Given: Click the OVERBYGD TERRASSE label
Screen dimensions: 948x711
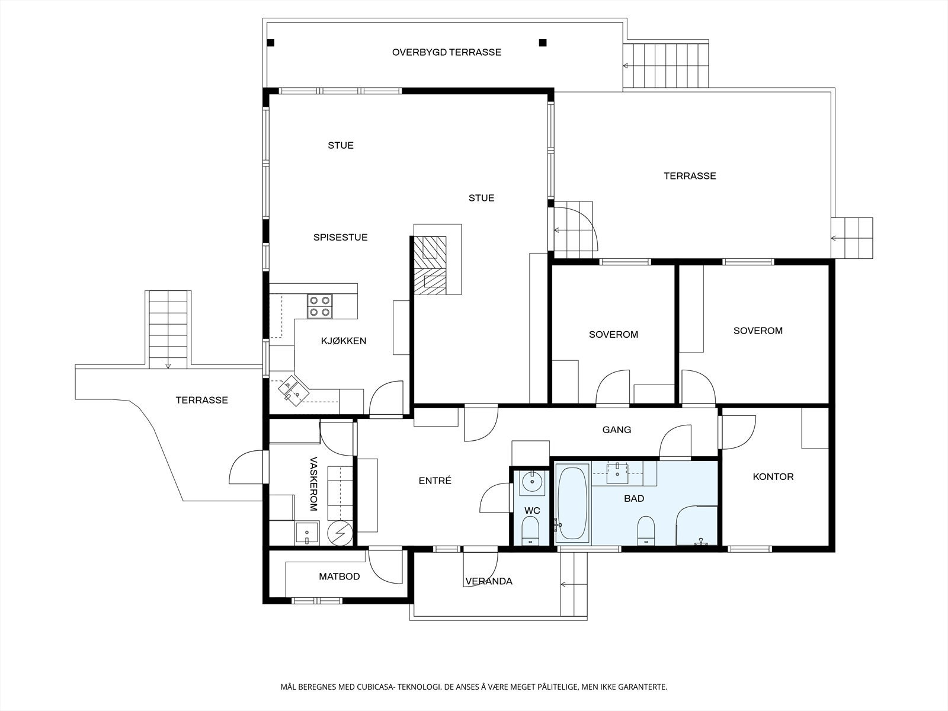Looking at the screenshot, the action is pos(447,52).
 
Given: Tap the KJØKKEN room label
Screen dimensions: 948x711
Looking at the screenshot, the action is pos(343,341).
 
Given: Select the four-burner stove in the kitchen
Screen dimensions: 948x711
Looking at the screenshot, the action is pos(319,306).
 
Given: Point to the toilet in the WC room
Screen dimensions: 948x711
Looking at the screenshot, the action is pos(531,530).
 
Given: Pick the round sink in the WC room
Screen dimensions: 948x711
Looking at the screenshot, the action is pos(531,481).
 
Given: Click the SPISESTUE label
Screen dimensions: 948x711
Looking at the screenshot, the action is pos(340,237).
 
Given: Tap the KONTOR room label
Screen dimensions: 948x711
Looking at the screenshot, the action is pos(773,476).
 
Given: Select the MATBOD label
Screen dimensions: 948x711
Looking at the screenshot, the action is pos(340,577).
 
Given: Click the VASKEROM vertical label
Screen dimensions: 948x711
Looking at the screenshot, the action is pos(314,484).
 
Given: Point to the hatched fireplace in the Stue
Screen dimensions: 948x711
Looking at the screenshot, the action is pos(430,265).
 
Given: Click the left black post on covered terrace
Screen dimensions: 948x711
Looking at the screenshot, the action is pos(271,43).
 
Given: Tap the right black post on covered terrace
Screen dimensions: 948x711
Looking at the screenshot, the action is pos(543,43).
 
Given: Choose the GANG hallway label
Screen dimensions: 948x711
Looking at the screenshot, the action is pos(617,430).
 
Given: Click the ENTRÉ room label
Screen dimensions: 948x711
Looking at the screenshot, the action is pos(435,481).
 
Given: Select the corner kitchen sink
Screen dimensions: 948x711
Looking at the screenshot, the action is pos(294,390).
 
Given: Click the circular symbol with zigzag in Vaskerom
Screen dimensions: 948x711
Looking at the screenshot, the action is pos(340,533).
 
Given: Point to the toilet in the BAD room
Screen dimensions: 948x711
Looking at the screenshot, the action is pos(646,530).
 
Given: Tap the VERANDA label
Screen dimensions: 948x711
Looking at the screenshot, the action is pos(489,581).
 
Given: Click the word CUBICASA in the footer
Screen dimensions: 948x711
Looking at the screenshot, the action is pos(374,687).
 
